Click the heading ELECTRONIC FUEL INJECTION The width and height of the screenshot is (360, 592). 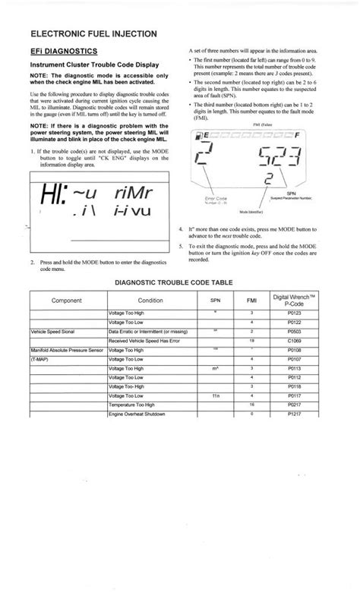(94, 33)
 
